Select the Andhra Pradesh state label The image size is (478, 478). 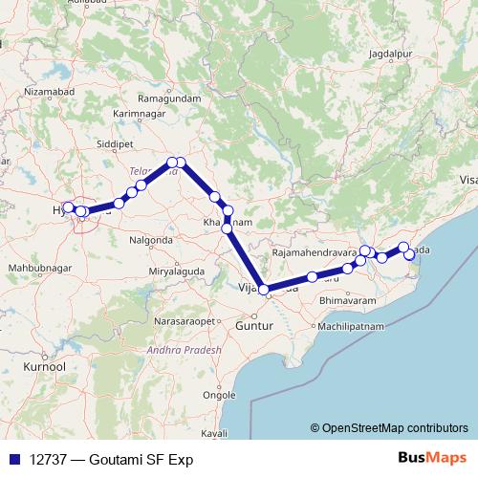(x=185, y=351)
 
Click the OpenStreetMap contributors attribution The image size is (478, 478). (x=394, y=429)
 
